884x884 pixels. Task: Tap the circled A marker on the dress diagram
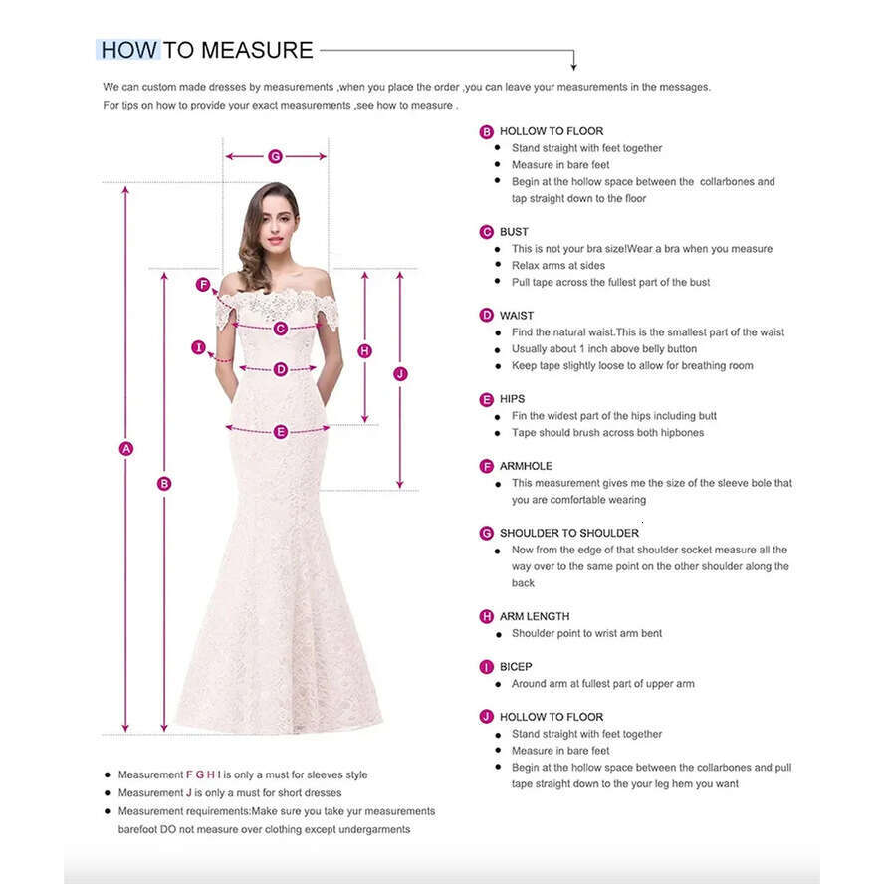pyautogui.click(x=126, y=449)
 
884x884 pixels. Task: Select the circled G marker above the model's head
pyautogui.click(x=276, y=156)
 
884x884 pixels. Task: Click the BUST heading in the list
pyautogui.click(x=514, y=232)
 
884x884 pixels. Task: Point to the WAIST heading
pyautogui.click(x=517, y=316)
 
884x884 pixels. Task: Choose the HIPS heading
pyautogui.click(x=512, y=399)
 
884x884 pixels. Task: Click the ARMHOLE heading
pyautogui.click(x=526, y=466)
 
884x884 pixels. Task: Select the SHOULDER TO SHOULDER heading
pyautogui.click(x=569, y=533)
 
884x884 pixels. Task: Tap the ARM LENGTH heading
pyautogui.click(x=535, y=616)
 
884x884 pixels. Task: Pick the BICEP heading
pyautogui.click(x=516, y=667)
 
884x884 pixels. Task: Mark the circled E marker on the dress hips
pyautogui.click(x=281, y=431)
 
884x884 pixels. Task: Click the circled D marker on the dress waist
pyautogui.click(x=281, y=369)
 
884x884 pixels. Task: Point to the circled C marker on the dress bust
pyautogui.click(x=281, y=328)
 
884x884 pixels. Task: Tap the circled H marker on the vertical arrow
pyautogui.click(x=365, y=350)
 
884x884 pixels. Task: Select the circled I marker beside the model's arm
pyautogui.click(x=199, y=347)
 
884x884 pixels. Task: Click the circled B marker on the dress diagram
pyautogui.click(x=164, y=484)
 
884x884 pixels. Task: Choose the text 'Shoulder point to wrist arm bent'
pyautogui.click(x=586, y=633)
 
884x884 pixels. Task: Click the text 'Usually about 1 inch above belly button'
pyautogui.click(x=604, y=349)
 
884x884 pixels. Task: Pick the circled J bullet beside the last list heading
pyautogui.click(x=487, y=717)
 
